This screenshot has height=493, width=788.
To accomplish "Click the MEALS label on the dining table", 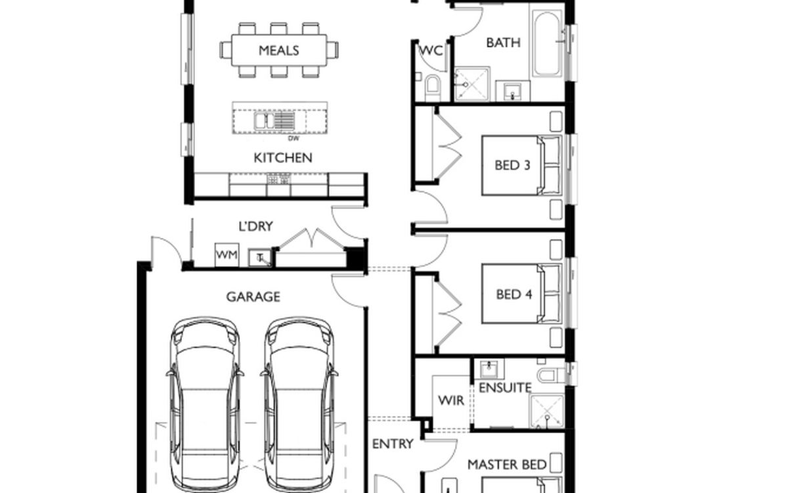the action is (278, 51).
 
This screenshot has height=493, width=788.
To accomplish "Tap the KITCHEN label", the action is (283, 158).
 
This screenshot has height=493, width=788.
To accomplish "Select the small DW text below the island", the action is (294, 139).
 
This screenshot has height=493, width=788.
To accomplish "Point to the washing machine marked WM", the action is (227, 254).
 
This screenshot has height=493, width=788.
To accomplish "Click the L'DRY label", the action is (255, 226).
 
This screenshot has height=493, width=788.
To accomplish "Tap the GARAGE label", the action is (253, 297).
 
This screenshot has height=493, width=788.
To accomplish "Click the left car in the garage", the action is (205, 404).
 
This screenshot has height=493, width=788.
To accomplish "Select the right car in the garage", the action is (299, 404).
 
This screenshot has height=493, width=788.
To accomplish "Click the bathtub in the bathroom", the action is (546, 43).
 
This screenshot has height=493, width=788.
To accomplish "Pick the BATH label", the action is (504, 43).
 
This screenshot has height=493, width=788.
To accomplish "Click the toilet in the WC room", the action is (432, 87).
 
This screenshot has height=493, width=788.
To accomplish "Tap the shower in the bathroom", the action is (471, 84).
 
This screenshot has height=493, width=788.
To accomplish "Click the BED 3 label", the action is (512, 165).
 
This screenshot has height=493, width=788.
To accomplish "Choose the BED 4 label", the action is (514, 294).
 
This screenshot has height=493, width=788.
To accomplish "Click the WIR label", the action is (451, 400).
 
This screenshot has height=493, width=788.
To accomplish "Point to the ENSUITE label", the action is (505, 388).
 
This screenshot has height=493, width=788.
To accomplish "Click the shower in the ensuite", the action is (547, 411).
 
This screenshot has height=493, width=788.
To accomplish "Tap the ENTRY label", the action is (393, 444).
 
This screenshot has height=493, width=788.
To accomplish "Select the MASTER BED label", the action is (507, 465).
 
